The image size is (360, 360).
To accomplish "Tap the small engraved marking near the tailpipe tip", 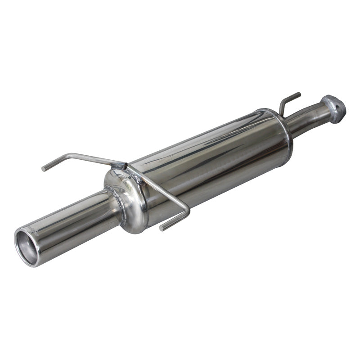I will pos(33,230).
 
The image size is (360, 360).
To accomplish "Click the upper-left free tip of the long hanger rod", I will pos(44,169).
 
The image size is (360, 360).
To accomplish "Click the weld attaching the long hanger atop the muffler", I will pos(121,165).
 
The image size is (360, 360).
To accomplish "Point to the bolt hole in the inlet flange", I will pos(332,103).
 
